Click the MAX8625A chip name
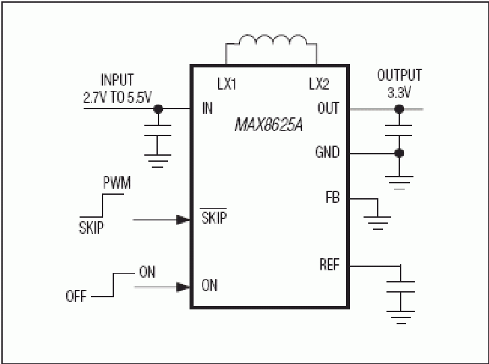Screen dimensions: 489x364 (268, 125)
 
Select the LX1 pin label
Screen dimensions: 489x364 (227, 84)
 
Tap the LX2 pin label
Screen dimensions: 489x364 (319, 84)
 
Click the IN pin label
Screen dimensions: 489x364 (207, 108)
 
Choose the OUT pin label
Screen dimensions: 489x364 (328, 108)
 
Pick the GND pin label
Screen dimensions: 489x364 (327, 152)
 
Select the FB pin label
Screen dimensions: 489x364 (333, 198)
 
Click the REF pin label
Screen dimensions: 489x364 (330, 265)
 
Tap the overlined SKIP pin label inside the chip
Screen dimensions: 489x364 (214, 217)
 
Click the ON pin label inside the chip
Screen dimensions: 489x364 (209, 285)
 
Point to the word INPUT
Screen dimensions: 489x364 (117, 80)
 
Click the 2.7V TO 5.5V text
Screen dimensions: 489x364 (117, 98)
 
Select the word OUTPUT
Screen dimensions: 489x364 (399, 75)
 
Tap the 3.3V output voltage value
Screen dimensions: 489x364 (399, 92)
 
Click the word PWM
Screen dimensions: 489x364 (117, 183)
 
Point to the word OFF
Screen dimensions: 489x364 (76, 296)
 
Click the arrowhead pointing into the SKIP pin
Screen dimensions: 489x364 (183, 220)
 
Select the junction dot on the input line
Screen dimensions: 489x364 (159, 109)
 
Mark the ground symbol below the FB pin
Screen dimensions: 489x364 (378, 223)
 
